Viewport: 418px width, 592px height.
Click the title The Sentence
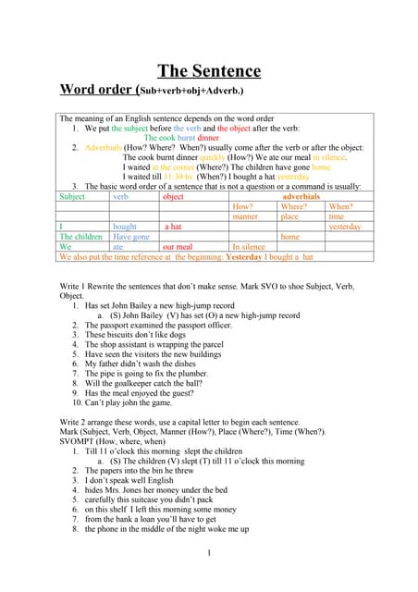tap(209, 71)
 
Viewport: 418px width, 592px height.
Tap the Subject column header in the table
tap(72, 197)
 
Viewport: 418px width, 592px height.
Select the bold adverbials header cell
tap(301, 197)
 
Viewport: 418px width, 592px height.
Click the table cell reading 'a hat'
tap(172, 227)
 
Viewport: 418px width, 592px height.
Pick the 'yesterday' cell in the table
tap(344, 227)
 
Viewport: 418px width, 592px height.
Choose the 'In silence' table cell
tap(249, 247)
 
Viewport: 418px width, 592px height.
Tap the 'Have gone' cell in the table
tap(130, 237)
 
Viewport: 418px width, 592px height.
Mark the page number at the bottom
tap(210, 553)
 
